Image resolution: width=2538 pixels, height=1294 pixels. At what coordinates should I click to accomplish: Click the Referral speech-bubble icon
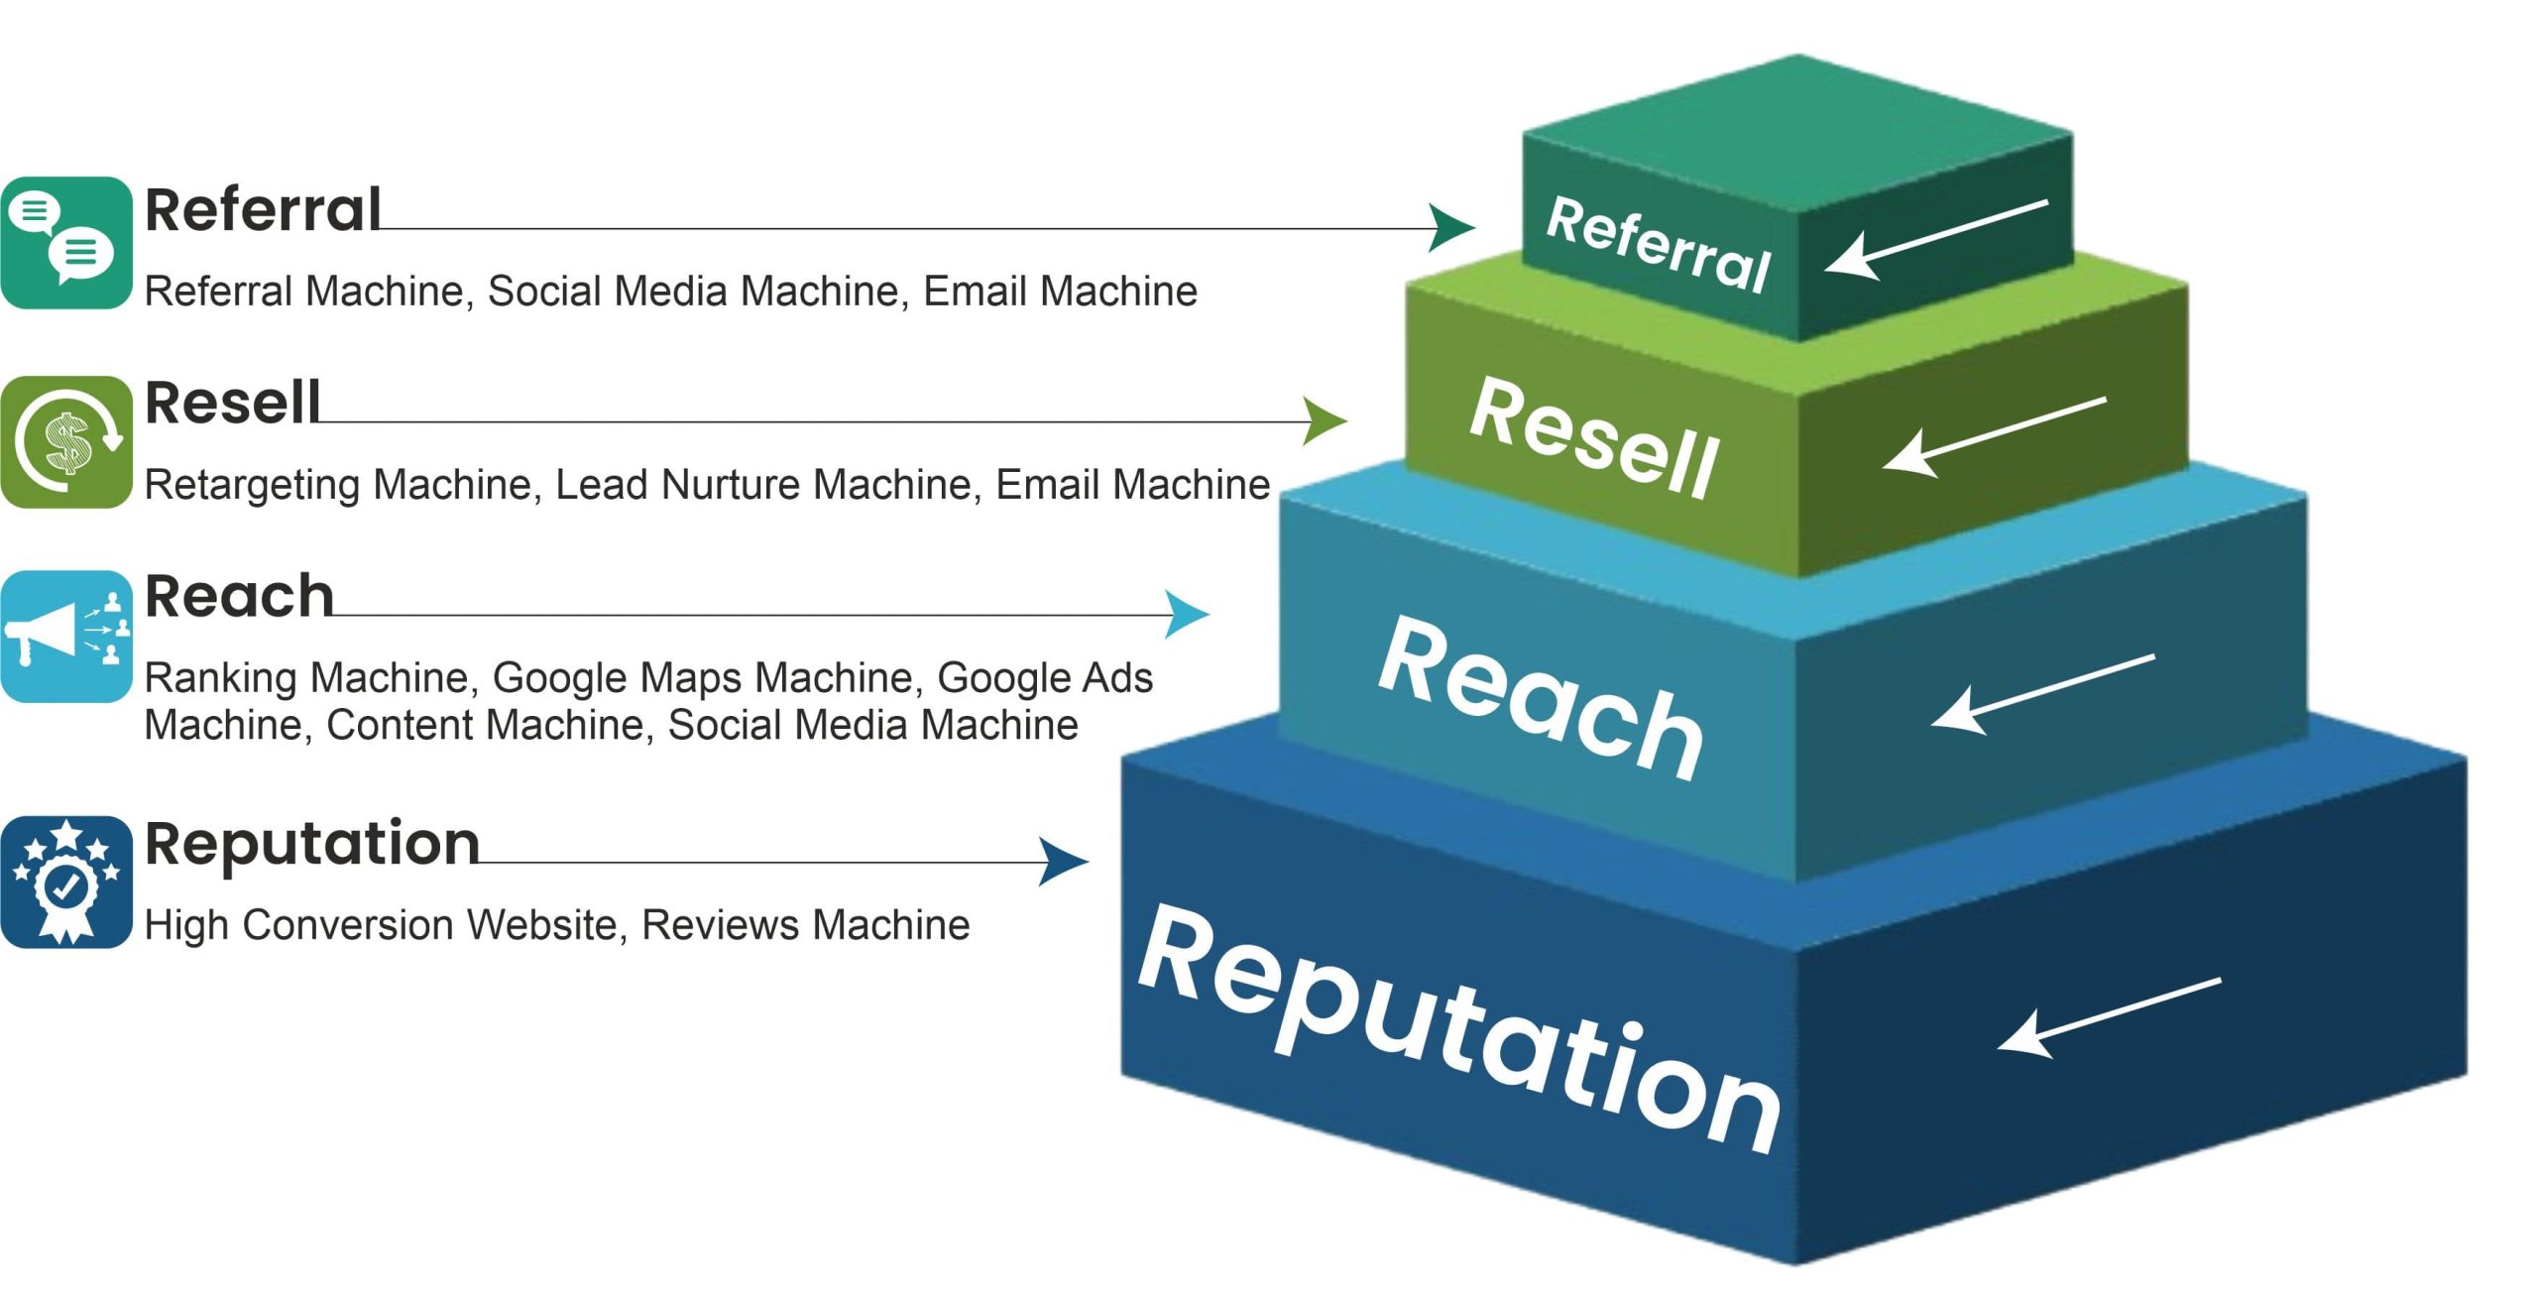pyautogui.click(x=66, y=243)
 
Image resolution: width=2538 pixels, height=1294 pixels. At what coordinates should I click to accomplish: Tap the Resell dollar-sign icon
pyautogui.click(x=66, y=442)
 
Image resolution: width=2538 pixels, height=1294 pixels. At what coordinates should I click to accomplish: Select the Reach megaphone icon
pyautogui.click(x=66, y=636)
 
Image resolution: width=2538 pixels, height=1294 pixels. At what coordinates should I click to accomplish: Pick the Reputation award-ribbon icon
pyautogui.click(x=66, y=882)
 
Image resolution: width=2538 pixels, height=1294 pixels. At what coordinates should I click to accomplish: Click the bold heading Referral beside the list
pyautogui.click(x=263, y=210)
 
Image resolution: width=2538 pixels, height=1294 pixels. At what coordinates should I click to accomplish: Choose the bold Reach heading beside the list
pyautogui.click(x=239, y=597)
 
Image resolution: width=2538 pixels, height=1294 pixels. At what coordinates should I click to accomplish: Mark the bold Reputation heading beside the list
pyautogui.click(x=312, y=844)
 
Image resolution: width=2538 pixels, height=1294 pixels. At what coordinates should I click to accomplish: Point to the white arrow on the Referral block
pyautogui.click(x=1935, y=239)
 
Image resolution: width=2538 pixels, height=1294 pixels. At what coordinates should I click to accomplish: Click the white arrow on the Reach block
pyautogui.click(x=2042, y=694)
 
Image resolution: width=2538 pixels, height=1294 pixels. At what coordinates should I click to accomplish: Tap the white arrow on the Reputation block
pyautogui.click(x=2108, y=1017)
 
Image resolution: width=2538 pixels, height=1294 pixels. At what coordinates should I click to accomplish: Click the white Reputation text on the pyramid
pyautogui.click(x=1457, y=1031)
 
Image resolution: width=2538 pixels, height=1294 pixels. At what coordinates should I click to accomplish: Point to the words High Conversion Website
pyautogui.click(x=382, y=925)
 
